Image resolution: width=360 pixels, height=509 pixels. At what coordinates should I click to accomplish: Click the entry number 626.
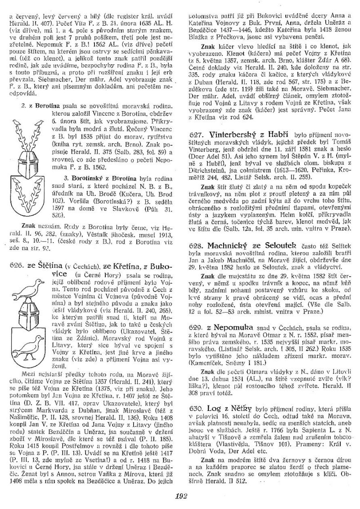16,266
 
